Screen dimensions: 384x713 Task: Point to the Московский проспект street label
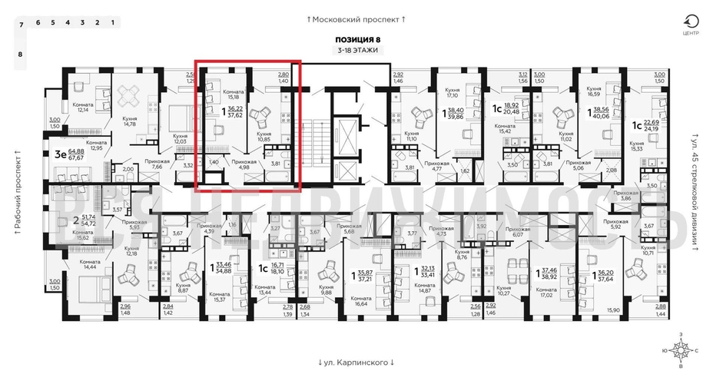tap(356, 18)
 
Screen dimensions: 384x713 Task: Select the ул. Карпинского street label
tap(356, 362)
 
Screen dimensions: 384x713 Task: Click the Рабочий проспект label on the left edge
tap(16, 193)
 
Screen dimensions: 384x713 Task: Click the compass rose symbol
tap(680, 349)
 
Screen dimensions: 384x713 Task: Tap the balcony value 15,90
tap(613, 310)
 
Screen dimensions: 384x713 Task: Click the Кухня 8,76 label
tap(462, 256)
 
